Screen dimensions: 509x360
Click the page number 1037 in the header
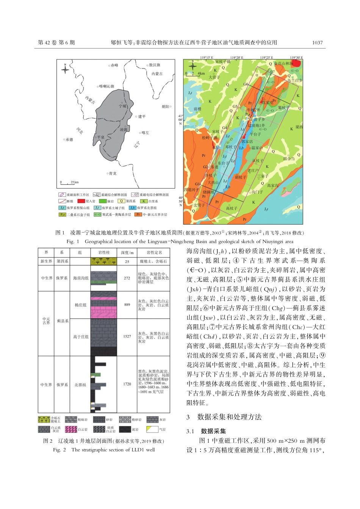click(x=317, y=42)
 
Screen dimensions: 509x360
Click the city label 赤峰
click(x=114, y=66)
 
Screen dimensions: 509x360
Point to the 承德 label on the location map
click(x=69, y=140)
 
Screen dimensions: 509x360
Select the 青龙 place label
click(x=112, y=173)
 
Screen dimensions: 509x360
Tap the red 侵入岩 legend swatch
click(x=81, y=201)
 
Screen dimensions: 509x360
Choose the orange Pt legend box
click(x=138, y=214)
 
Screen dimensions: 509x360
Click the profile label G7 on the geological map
click(x=272, y=72)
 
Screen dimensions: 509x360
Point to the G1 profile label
click(x=197, y=184)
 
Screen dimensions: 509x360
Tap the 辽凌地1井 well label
click(x=256, y=125)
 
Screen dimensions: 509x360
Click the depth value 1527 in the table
click(x=127, y=336)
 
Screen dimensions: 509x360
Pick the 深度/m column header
click(x=127, y=253)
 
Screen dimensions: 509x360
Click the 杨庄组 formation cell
click(x=80, y=305)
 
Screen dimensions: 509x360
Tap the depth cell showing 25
click(x=127, y=261)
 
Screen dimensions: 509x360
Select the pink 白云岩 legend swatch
click(x=71, y=429)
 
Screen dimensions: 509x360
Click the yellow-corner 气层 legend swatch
click(x=152, y=429)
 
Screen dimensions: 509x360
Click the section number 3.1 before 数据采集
click(x=190, y=431)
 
